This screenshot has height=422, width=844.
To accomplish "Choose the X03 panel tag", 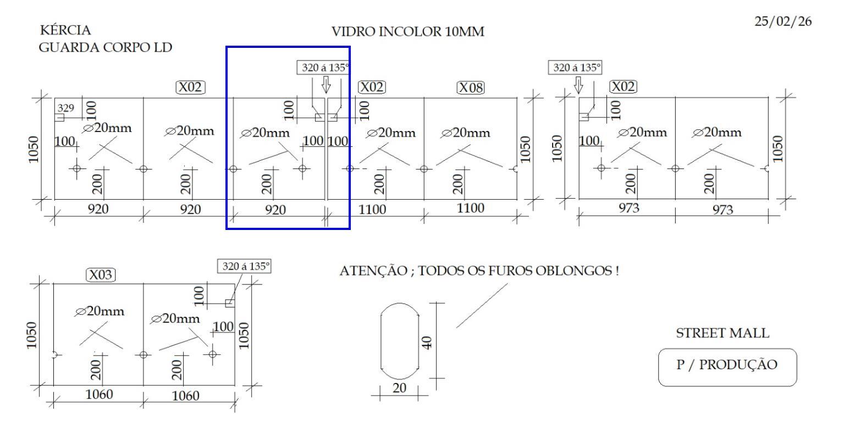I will tap(100, 275).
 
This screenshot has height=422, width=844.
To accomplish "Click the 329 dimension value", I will tap(66, 107).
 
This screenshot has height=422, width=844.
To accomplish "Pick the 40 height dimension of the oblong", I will tap(429, 342).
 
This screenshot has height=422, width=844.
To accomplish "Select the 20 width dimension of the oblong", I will tap(399, 387).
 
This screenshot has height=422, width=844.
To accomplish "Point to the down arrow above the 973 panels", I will tap(578, 85).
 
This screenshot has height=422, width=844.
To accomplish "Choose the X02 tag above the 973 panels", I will tap(623, 87).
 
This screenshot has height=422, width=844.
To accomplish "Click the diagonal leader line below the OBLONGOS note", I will tap(482, 306).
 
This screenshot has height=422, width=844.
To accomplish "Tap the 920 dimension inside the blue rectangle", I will tap(276, 210).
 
